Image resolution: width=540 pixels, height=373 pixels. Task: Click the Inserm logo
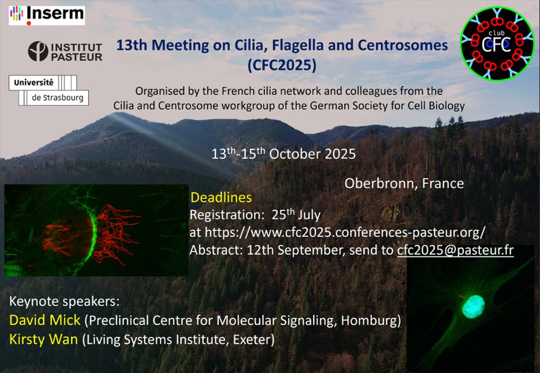click(x=47, y=15)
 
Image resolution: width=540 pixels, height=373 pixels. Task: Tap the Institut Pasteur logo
click(x=65, y=52)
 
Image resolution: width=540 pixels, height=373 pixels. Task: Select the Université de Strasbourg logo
click(x=49, y=90)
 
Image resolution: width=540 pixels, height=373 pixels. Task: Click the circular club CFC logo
click(x=497, y=44)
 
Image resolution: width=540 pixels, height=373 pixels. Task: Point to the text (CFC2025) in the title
click(x=282, y=65)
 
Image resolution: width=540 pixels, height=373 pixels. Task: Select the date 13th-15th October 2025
click(x=283, y=154)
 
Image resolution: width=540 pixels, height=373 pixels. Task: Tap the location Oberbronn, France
click(x=404, y=183)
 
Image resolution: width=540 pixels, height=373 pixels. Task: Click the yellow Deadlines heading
click(x=221, y=198)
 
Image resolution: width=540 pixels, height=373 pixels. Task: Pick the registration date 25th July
click(x=296, y=215)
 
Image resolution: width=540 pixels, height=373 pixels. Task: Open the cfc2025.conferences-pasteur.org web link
click(x=345, y=233)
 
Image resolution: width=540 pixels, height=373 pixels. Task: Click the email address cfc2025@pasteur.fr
click(x=455, y=250)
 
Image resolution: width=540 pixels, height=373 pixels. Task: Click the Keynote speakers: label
click(x=64, y=301)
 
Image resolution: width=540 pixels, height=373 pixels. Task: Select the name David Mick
click(x=45, y=320)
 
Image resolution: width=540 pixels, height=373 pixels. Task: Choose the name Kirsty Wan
click(x=43, y=340)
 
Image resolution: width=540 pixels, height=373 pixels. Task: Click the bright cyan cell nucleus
click(x=473, y=306)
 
